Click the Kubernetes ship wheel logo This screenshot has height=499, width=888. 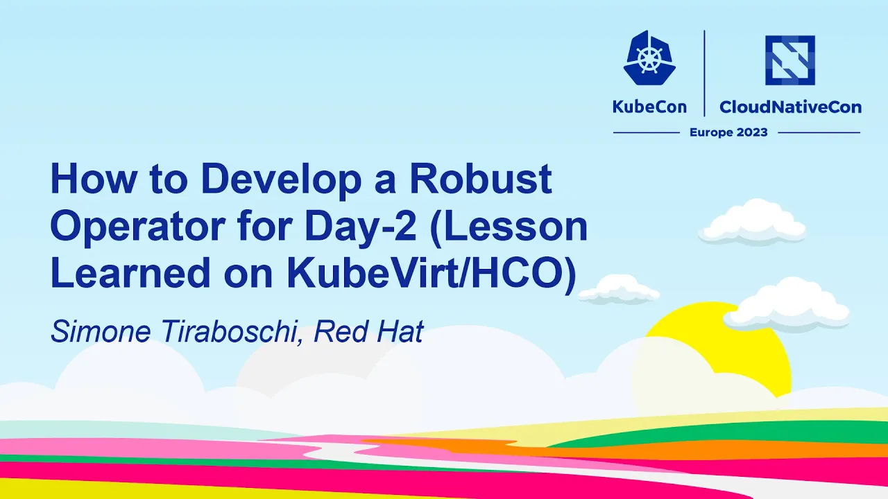click(x=649, y=58)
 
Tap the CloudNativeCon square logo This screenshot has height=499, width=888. click(x=790, y=60)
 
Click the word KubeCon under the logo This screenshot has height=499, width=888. click(x=649, y=107)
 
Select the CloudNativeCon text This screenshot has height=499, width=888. click(x=790, y=107)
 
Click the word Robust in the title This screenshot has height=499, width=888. click(x=481, y=179)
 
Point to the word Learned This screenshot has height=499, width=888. click(x=130, y=273)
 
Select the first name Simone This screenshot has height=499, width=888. click(x=101, y=331)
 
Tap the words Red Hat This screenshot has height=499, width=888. click(x=368, y=331)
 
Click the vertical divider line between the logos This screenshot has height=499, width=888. click(x=704, y=73)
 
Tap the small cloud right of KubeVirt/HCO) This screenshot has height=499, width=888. click(x=619, y=290)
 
